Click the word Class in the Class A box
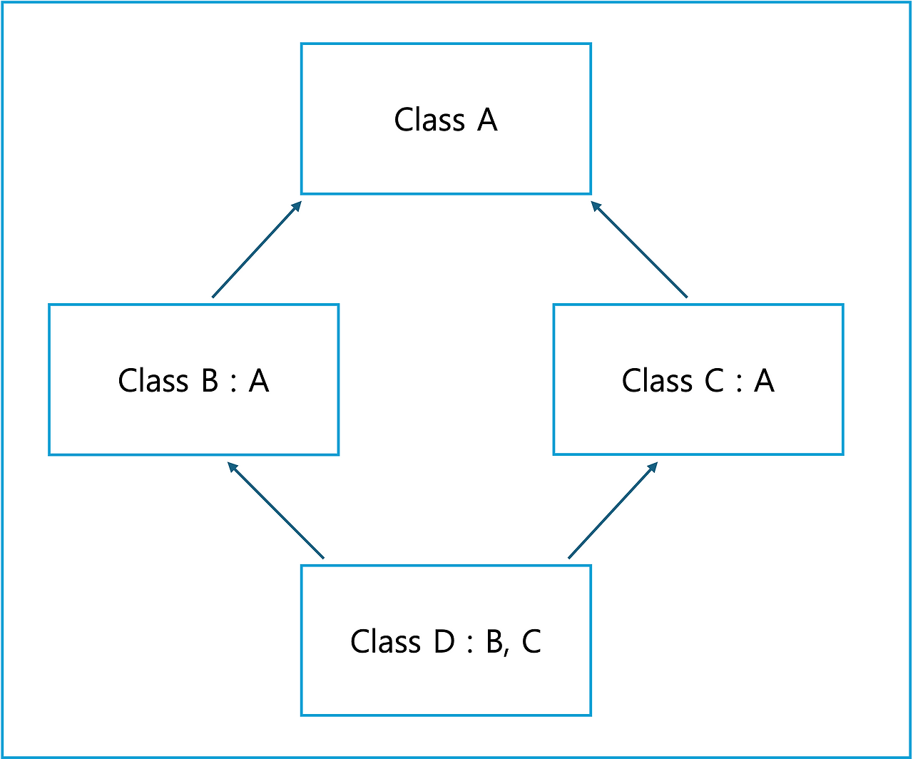click(429, 119)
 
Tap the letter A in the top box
click(487, 119)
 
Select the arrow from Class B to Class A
click(257, 249)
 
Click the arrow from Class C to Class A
click(639, 249)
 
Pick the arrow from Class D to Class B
click(276, 510)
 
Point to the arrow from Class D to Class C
click(613, 510)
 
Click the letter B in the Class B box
click(210, 380)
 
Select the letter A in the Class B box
click(259, 380)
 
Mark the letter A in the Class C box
click(765, 380)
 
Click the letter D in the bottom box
click(444, 641)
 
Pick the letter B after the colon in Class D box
click(494, 641)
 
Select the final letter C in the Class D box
click(531, 641)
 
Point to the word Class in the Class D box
click(386, 641)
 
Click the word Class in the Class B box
click(153, 380)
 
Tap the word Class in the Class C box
click(658, 380)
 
